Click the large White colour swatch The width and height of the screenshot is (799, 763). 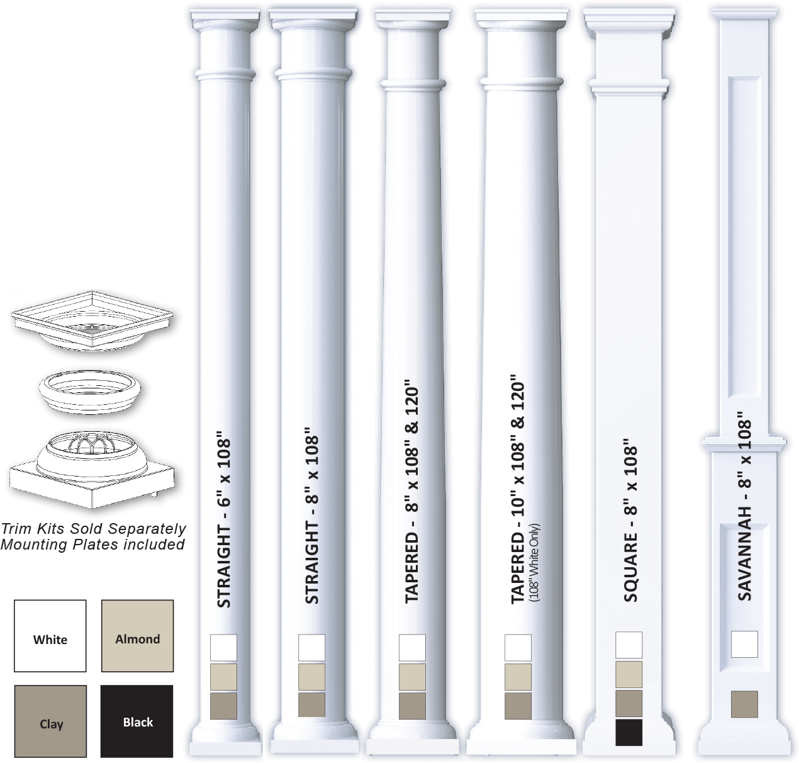[x=50, y=636]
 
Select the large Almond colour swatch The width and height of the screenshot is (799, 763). [x=137, y=636]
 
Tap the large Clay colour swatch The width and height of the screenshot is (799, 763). [x=50, y=721]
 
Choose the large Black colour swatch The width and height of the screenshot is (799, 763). [x=137, y=721]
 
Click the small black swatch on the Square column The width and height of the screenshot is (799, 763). [x=629, y=733]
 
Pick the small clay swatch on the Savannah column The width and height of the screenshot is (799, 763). [x=744, y=704]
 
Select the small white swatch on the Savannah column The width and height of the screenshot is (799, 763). [x=744, y=644]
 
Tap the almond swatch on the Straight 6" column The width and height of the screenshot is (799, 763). [x=223, y=677]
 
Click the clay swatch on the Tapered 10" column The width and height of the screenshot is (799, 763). [x=518, y=706]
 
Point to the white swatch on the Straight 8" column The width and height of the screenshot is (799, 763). [x=311, y=648]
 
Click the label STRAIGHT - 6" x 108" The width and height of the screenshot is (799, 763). [x=224, y=523]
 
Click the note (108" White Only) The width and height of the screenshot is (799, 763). [x=534, y=562]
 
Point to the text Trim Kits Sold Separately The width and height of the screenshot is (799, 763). [x=94, y=528]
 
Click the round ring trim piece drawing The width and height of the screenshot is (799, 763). [x=90, y=391]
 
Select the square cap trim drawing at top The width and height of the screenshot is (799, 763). [x=92, y=320]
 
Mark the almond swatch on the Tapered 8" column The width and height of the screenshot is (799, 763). [x=412, y=677]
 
